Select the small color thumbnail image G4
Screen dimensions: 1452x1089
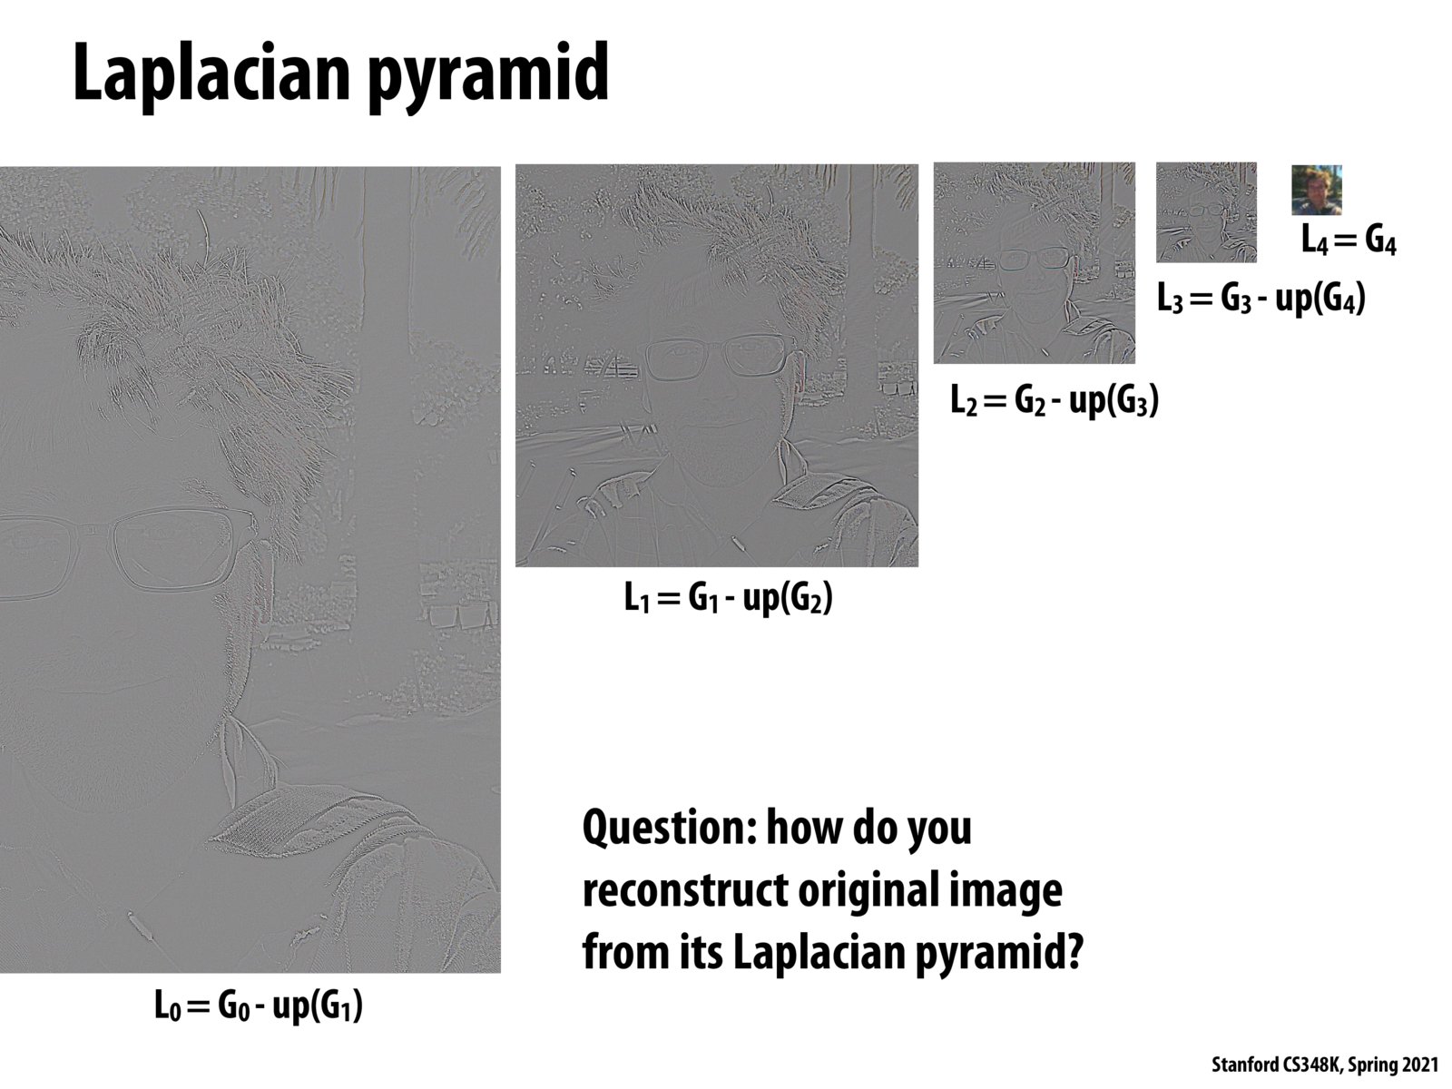click(x=1317, y=190)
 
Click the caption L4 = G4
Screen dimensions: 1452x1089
click(x=1349, y=240)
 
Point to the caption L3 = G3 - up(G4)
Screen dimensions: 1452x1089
click(x=1261, y=299)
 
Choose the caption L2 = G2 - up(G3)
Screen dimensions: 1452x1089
click(x=1055, y=401)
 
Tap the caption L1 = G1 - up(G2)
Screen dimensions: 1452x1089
click(x=729, y=598)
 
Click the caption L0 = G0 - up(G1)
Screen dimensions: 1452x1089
click(x=259, y=1006)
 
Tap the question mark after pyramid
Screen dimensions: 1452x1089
click(x=1071, y=952)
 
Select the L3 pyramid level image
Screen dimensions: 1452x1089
click(x=1206, y=212)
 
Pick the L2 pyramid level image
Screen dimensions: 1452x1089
click(x=1034, y=262)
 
